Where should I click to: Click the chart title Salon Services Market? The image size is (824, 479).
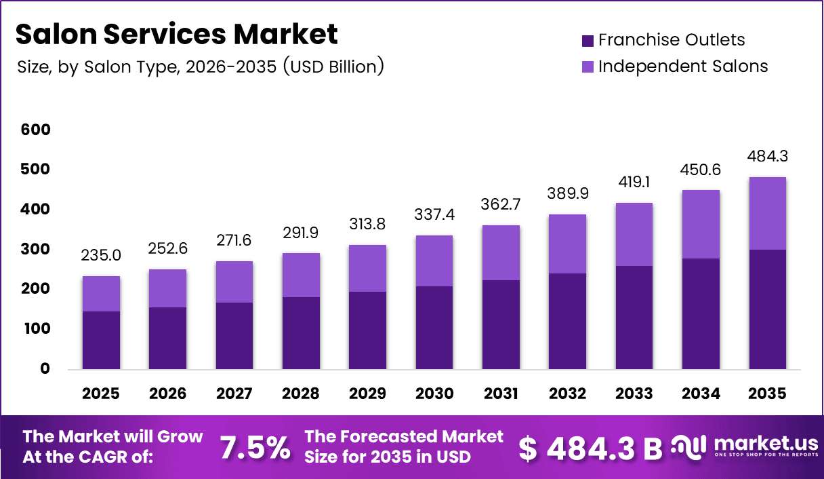(177, 34)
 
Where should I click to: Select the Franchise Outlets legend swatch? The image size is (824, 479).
(588, 41)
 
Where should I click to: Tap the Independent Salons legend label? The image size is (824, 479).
(683, 66)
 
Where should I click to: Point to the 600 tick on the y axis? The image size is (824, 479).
(35, 130)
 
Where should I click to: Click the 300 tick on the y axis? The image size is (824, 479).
(35, 249)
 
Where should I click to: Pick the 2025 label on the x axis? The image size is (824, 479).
(101, 394)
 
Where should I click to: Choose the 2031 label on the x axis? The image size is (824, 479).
(501, 394)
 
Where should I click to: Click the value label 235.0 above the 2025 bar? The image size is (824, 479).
(101, 255)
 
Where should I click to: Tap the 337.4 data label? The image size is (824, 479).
(434, 214)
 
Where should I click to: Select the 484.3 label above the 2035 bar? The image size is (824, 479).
(767, 156)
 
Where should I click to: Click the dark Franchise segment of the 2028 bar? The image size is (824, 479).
(301, 333)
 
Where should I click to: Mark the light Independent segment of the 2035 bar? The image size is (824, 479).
(767, 214)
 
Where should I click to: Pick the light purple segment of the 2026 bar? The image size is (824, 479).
(167, 288)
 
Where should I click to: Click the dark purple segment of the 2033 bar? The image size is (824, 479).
(634, 318)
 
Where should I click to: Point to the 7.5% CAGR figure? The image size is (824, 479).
(255, 447)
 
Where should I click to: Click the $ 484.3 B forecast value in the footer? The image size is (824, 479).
(590, 448)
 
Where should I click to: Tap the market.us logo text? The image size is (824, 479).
(766, 443)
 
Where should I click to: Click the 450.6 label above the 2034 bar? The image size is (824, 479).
(701, 170)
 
